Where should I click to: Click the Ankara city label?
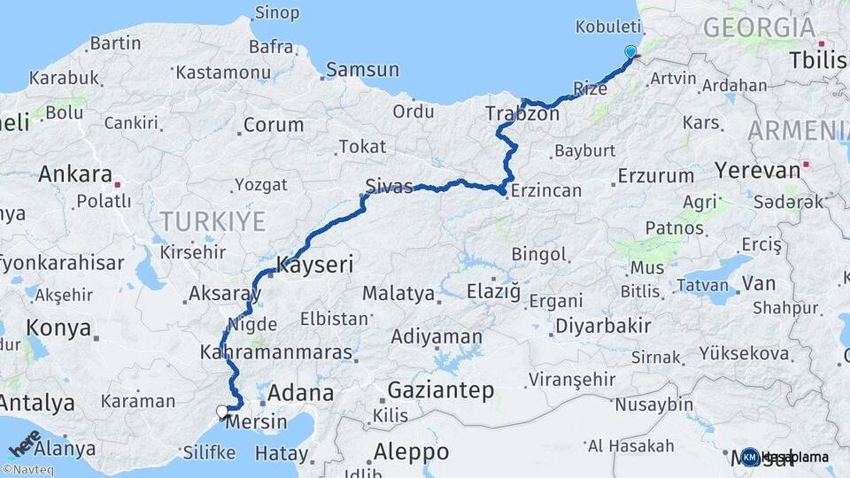[x=74, y=173]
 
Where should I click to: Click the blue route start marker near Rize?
[x=630, y=51]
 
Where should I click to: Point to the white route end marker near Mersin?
[x=222, y=412]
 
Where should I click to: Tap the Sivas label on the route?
[x=389, y=186]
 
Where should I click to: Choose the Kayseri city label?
[x=315, y=264]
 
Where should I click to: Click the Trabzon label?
[x=522, y=113]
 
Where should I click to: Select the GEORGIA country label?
[x=760, y=27]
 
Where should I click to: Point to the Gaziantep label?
[x=441, y=390]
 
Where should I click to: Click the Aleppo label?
[x=411, y=451]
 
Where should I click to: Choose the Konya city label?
[x=58, y=328]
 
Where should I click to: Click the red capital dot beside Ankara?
[x=117, y=185]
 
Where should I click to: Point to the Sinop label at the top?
[x=277, y=12]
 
